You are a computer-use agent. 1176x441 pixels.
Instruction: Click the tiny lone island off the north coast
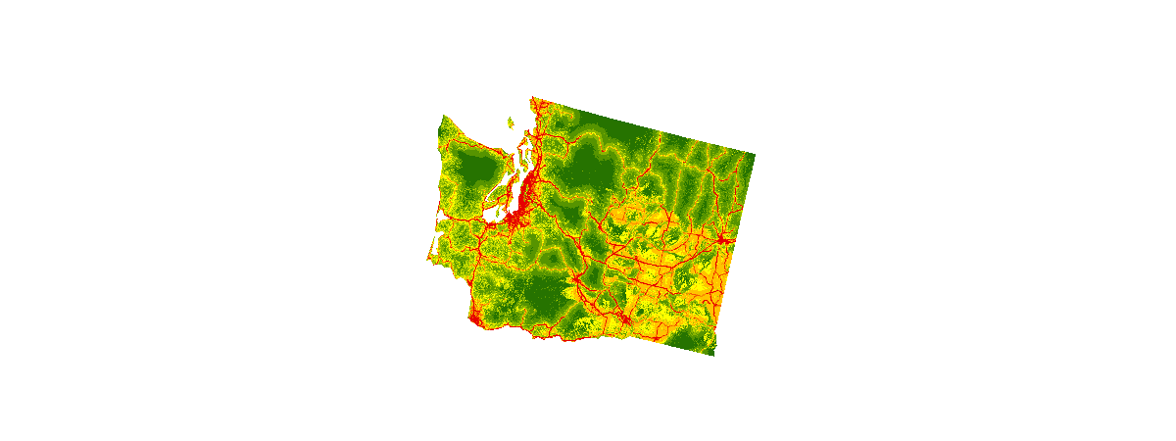pyautogui.click(x=511, y=123)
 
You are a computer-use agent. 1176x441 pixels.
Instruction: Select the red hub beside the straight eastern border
pyautogui.click(x=723, y=239)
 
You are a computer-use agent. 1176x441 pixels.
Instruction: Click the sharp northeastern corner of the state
pyautogui.click(x=754, y=154)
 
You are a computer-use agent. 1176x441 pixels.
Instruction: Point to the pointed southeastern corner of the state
pyautogui.click(x=714, y=354)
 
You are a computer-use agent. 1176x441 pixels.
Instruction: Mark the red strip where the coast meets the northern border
pyautogui.click(x=534, y=102)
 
